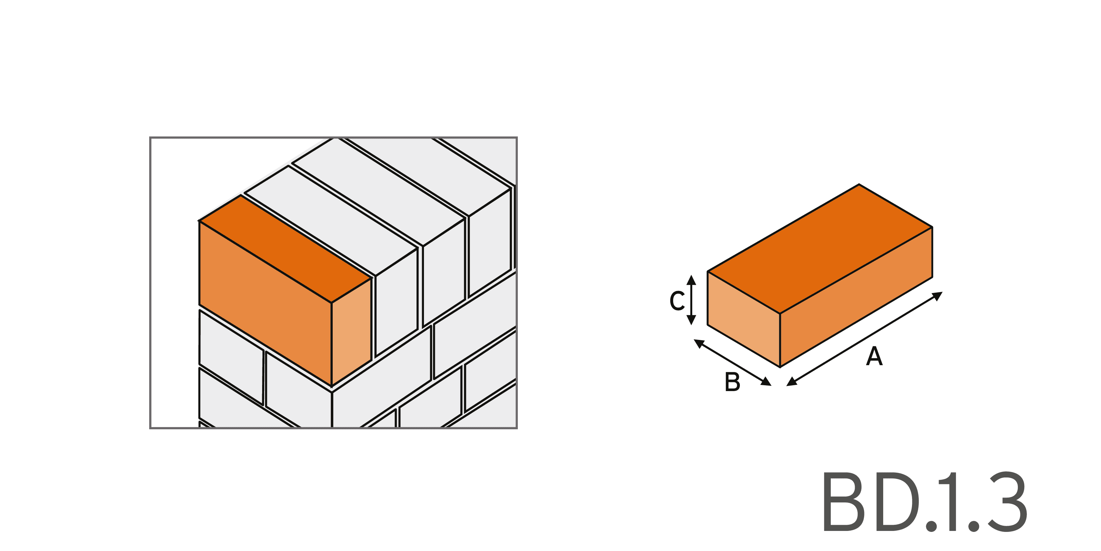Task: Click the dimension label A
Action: coord(874,356)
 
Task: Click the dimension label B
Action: coord(732,382)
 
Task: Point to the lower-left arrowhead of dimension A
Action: coord(792,381)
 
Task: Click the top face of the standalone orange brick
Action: coord(820,249)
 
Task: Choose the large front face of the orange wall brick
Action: coord(265,303)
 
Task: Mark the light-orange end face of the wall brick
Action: coord(351,331)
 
